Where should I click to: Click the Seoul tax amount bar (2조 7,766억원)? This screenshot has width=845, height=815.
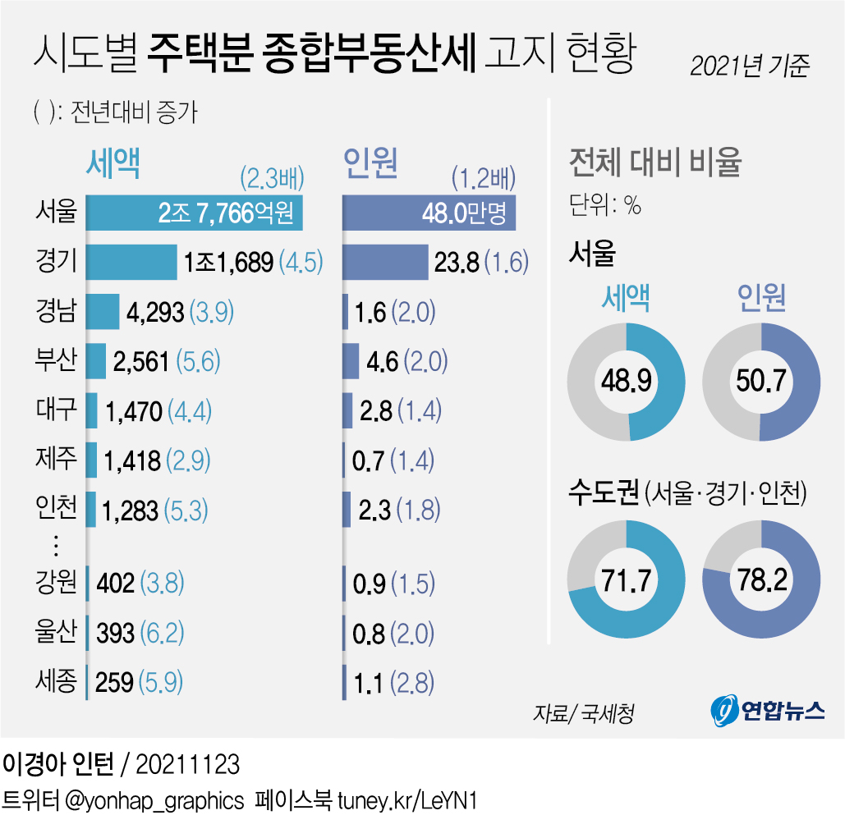click(195, 213)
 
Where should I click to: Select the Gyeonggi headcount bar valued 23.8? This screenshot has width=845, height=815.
click(384, 262)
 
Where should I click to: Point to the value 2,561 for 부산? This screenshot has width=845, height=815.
click(140, 361)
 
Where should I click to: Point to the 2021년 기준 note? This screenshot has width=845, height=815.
click(749, 66)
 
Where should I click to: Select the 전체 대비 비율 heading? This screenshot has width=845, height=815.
click(654, 163)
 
